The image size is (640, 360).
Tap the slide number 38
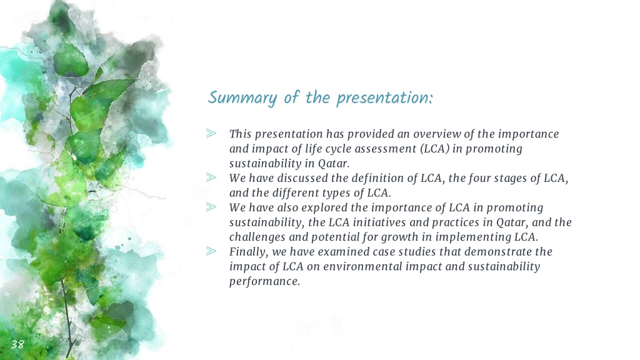(17, 344)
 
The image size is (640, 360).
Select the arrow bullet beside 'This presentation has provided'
(211, 134)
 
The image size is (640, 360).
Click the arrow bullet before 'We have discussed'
(211, 177)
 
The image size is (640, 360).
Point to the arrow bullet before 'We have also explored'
(211, 207)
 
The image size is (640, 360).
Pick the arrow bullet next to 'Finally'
(211, 251)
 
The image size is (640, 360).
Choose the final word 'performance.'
(264, 282)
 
